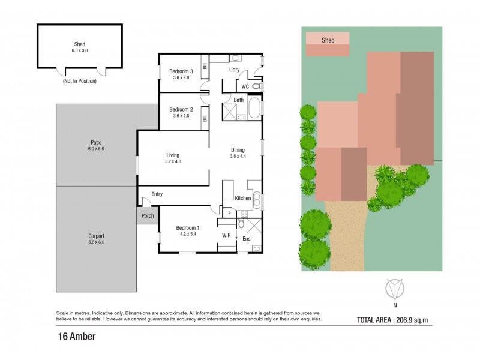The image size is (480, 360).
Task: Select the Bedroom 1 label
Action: [188, 228]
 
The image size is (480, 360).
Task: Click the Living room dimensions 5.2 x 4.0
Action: [173, 161]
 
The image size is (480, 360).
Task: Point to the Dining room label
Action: [238, 150]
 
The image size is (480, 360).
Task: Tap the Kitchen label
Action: [242, 199]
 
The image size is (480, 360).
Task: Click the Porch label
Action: [148, 216]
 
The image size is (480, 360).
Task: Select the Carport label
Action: [96, 236]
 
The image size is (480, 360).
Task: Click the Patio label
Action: [96, 142]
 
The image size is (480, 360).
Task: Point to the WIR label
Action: [226, 235]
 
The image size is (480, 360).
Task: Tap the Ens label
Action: [247, 239]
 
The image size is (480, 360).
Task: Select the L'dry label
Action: [235, 70]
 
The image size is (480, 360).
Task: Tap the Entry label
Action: [157, 194]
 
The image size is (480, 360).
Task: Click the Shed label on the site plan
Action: [328, 40]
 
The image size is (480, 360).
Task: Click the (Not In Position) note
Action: [80, 81]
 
